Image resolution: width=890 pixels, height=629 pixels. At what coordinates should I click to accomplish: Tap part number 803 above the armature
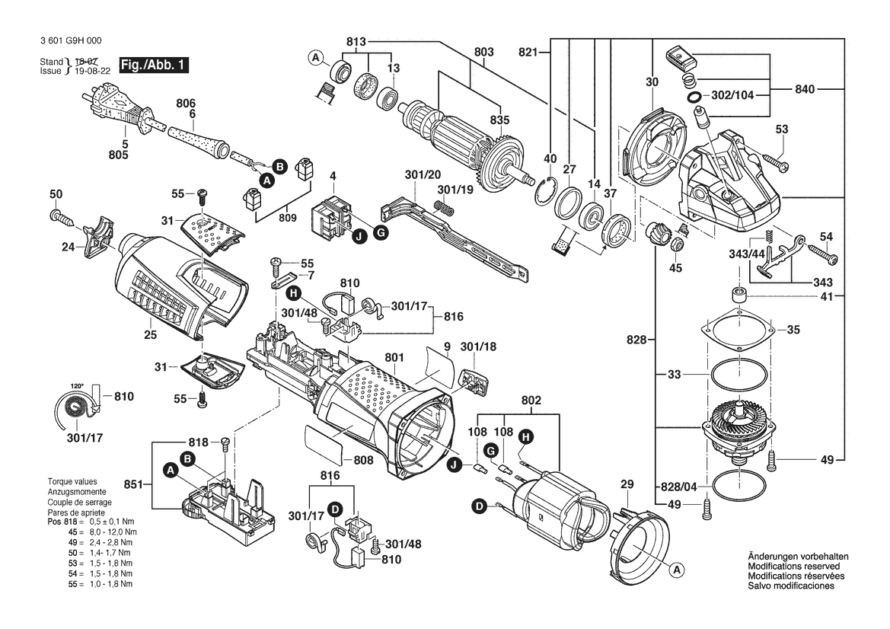pos(483,52)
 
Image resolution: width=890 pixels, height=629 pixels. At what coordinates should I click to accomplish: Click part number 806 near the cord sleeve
pos(186,103)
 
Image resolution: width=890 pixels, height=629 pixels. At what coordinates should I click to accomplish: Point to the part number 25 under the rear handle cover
pos(150,334)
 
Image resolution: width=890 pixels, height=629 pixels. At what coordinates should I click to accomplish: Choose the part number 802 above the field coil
pos(531,400)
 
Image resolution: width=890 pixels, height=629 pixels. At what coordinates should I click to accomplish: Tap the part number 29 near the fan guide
pos(627,484)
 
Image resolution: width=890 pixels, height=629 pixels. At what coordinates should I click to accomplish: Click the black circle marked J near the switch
pos(357,236)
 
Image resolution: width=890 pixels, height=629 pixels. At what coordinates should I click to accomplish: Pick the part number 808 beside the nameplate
pos(363,460)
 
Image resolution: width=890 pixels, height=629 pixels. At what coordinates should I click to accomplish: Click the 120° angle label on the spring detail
pos(76,386)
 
